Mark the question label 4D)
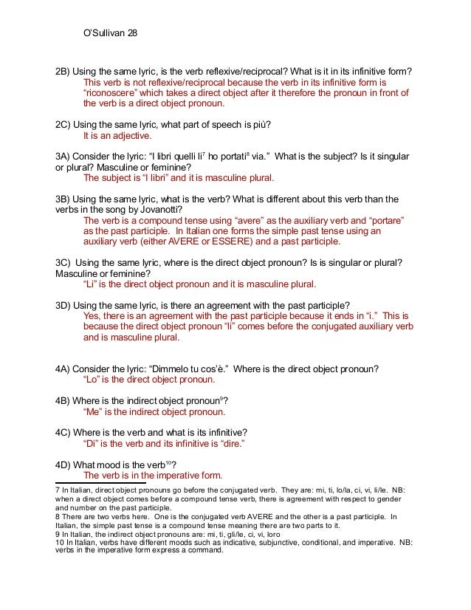pos(66,465)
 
